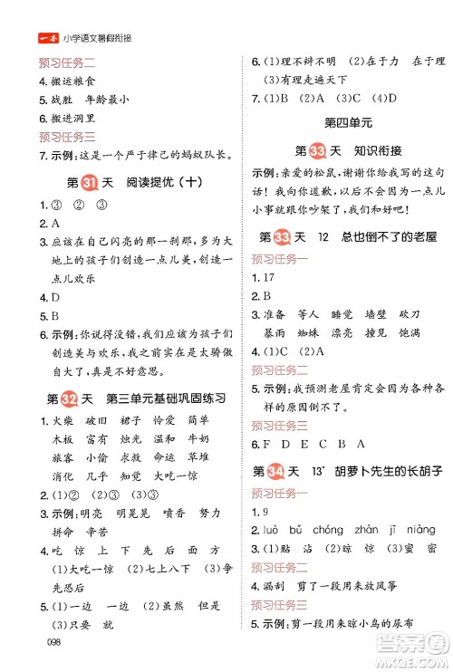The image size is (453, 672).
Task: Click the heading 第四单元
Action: click(x=342, y=120)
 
